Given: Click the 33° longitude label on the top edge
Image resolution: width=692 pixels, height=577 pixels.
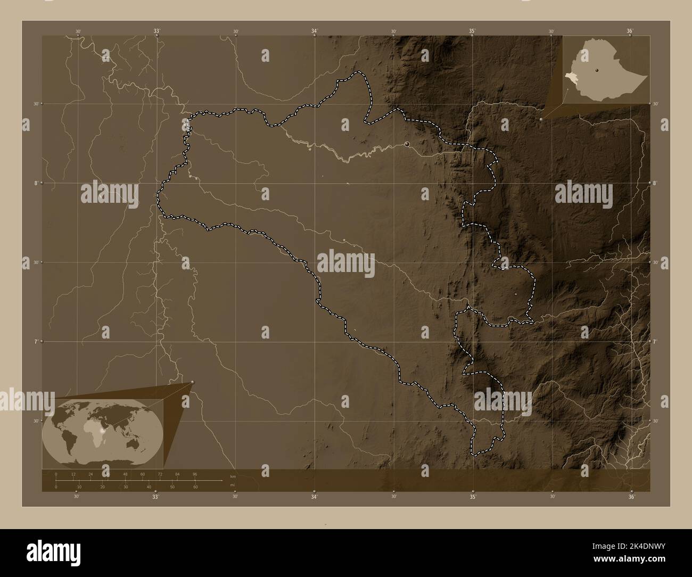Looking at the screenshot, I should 156,31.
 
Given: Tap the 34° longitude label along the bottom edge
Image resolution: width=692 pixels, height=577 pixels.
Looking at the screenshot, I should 314,497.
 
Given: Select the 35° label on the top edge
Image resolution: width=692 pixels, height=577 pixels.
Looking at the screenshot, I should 472,31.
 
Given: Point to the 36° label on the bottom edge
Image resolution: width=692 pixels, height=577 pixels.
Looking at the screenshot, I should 631,497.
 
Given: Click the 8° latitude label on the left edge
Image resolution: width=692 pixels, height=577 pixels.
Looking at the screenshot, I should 36,183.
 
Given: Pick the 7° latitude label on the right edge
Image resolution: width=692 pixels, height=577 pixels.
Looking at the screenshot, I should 655,341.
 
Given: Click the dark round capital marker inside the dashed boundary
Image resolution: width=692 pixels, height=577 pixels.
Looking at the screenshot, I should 407,144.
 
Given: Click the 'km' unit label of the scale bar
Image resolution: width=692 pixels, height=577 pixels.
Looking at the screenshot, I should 232,476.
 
